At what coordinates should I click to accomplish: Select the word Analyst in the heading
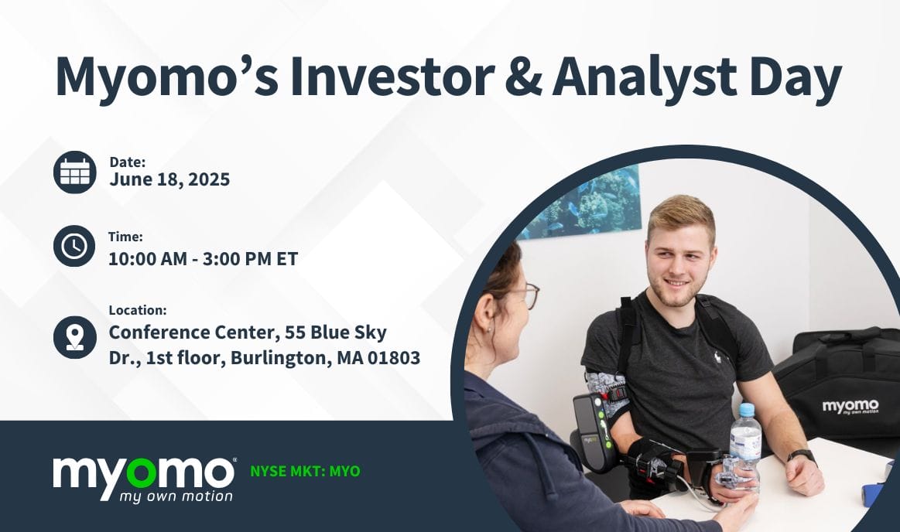coord(648,77)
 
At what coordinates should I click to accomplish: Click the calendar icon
coord(75,172)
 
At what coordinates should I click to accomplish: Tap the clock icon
coord(75,246)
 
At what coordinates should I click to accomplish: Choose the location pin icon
coord(75,336)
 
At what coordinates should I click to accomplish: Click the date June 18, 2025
coord(169,179)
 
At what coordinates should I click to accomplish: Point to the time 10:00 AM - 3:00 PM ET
coord(203,258)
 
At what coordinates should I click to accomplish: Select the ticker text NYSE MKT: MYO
coord(305,471)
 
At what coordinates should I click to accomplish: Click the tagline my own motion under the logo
coord(176,496)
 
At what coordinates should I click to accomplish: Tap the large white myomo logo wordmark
coord(143,472)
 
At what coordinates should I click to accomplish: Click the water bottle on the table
coord(744,444)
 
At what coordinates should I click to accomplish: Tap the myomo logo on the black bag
coord(850,407)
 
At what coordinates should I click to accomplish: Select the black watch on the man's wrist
coord(802,455)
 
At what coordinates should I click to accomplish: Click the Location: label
coord(138,310)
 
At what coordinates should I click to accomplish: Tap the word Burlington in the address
coord(281,358)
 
